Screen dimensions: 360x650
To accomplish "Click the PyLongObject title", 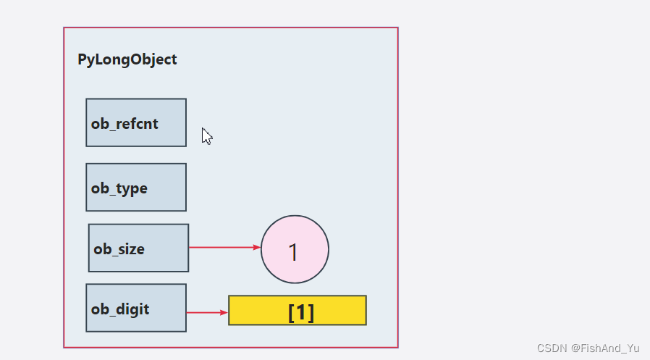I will coord(127,59).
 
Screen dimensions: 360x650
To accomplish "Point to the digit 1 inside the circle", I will coord(293,252).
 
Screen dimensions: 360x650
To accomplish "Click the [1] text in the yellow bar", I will coord(301,312).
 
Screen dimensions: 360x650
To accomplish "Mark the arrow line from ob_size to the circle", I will coord(221,247).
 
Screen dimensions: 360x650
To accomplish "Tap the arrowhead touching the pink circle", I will coord(256,247).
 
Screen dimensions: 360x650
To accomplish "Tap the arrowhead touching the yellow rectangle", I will coord(224,313).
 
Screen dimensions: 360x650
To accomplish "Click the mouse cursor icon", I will coord(206,136).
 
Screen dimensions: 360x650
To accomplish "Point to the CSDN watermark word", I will coord(552,348).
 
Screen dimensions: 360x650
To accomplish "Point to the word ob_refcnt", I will coord(124,124).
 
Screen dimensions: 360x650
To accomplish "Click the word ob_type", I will coord(119,188).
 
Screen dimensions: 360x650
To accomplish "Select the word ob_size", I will coord(119,249).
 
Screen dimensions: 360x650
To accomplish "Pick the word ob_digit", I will coord(120,309).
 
